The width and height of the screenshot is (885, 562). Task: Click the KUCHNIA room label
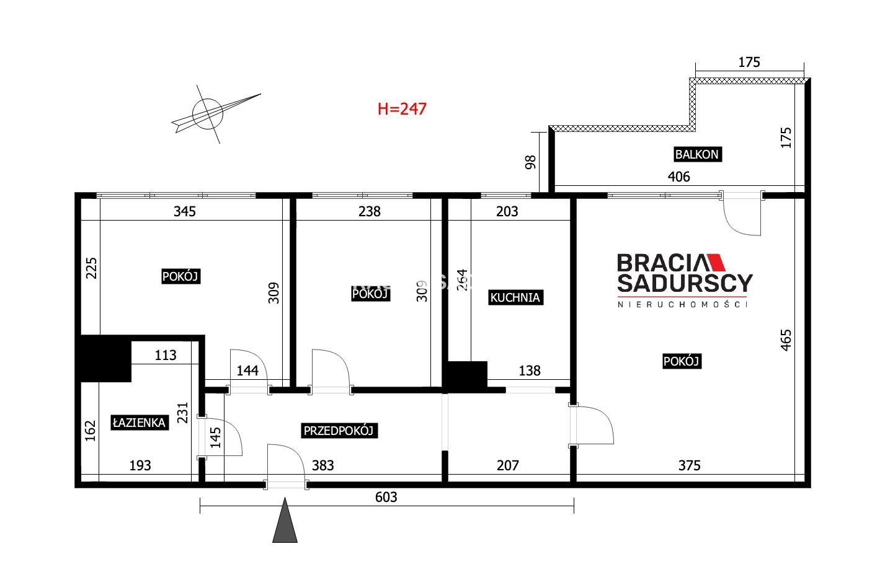[x=515, y=297]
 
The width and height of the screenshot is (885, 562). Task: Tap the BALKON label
[x=697, y=154]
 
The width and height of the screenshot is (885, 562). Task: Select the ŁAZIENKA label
[x=140, y=423]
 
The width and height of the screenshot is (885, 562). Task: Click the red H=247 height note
[x=402, y=109]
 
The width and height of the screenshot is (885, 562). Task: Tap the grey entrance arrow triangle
[x=285, y=520]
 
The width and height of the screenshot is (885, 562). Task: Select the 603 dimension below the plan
[x=386, y=497]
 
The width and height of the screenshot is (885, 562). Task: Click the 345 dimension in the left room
[x=185, y=211]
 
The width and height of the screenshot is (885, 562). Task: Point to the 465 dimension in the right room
[x=786, y=340]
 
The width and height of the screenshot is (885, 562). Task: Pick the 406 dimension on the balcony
[x=678, y=177]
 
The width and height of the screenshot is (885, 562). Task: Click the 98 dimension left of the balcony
[x=530, y=162]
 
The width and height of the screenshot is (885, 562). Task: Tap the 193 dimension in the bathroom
[x=140, y=466]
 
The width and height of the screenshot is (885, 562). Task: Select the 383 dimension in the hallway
[x=322, y=466]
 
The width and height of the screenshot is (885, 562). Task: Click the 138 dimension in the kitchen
[x=530, y=371]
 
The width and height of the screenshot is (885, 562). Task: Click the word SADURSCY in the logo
[x=685, y=283]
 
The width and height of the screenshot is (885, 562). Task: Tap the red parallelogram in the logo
[x=716, y=263]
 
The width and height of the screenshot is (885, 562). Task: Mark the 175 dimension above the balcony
[x=749, y=63]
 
